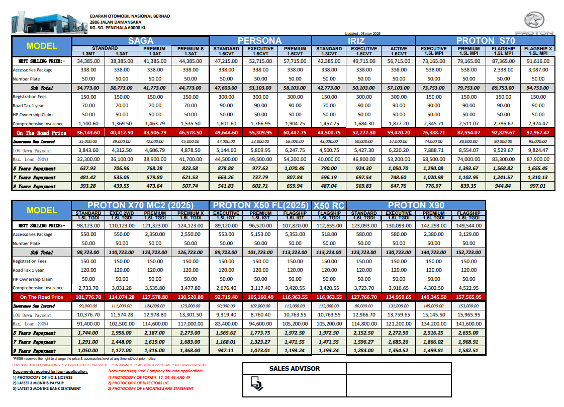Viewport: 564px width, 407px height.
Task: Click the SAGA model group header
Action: [140, 41]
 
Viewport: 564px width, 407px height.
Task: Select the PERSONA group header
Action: [260, 41]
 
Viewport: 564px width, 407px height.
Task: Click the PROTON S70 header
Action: [486, 41]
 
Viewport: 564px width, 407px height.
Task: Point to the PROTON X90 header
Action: [416, 205]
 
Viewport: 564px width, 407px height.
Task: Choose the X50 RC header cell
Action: [329, 205]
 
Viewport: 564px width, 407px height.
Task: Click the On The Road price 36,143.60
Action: [88, 133]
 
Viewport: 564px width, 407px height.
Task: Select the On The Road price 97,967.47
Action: [538, 133]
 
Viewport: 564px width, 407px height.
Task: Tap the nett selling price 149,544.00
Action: [468, 225]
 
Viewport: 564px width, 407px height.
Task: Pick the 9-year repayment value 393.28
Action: [88, 186]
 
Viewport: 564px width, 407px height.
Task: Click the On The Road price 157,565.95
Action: [468, 297]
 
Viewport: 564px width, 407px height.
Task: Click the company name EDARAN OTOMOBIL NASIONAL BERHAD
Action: [130, 16]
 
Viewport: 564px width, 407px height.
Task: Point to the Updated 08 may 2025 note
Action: [362, 33]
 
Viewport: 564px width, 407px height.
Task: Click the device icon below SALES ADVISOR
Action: [256, 384]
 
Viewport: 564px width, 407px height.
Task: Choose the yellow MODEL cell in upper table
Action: [42, 46]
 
